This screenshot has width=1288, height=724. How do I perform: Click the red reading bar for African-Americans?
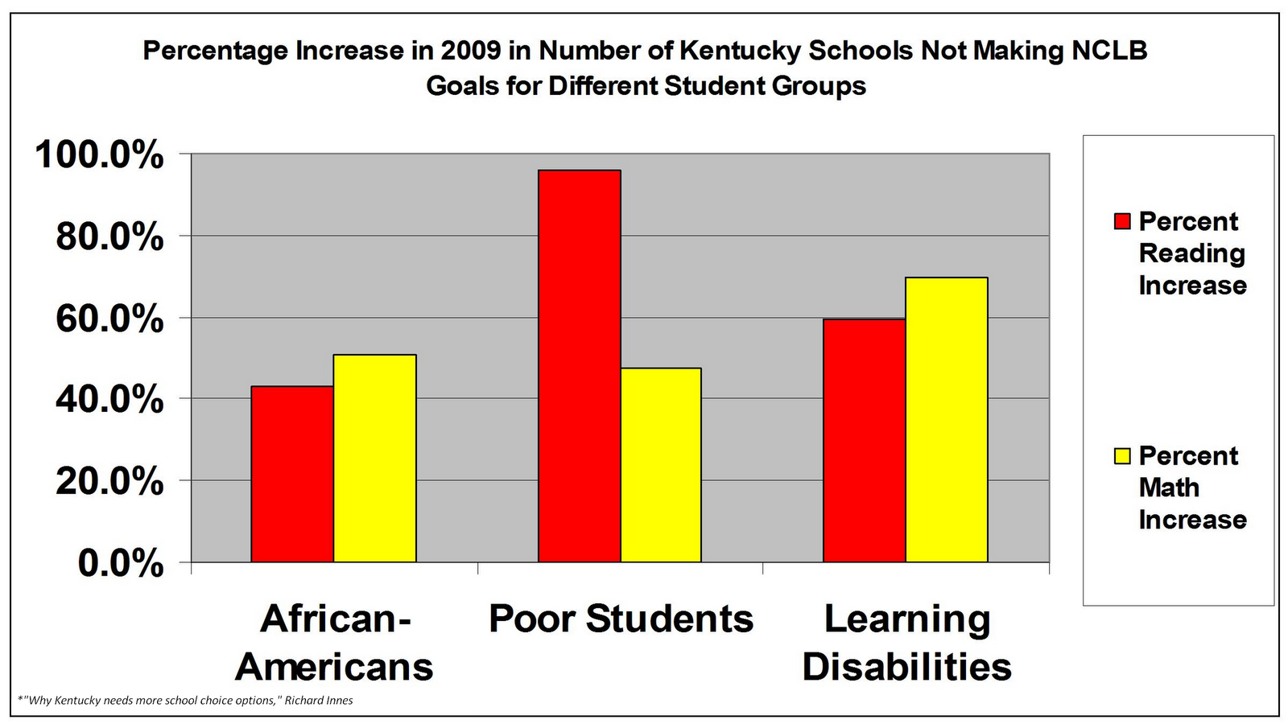[292, 474]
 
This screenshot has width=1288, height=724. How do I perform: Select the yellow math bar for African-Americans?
[374, 458]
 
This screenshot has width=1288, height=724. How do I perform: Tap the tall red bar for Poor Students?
[579, 366]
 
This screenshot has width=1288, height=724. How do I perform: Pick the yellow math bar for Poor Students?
[661, 465]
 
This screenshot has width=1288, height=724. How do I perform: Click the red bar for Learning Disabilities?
[864, 440]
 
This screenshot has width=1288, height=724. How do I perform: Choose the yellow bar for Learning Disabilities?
[946, 419]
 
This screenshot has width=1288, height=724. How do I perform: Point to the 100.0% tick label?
[98, 154]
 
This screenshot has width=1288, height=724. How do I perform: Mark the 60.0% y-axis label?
[109, 319]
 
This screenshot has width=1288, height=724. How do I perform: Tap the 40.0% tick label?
[109, 400]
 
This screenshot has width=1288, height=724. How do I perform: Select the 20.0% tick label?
[109, 482]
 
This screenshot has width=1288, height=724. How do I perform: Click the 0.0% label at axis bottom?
[120, 564]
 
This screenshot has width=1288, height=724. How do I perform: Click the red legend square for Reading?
[1122, 221]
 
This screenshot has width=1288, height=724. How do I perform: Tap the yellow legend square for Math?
[1122, 456]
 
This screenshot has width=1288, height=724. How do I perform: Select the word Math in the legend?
[1168, 487]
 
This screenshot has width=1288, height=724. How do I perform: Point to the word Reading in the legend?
[1191, 253]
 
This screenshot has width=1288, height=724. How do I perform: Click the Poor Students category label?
[621, 619]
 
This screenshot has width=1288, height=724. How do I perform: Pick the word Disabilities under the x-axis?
[906, 667]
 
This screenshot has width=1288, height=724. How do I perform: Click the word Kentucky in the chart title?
[741, 51]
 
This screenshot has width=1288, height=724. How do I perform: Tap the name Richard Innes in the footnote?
[319, 700]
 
